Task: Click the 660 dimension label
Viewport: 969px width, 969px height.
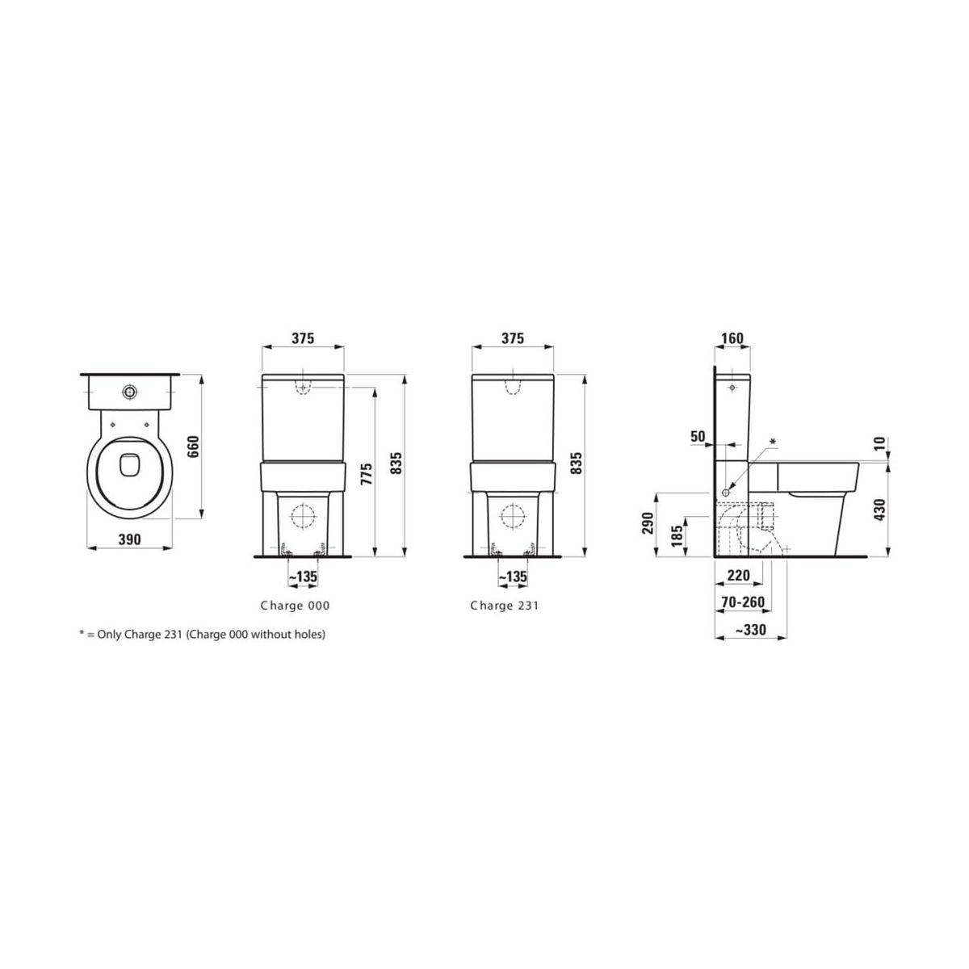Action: click(194, 447)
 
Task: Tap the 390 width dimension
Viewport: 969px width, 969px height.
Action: click(130, 539)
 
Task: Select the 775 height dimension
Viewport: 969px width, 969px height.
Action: click(367, 474)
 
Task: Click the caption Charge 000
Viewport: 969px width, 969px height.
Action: click(295, 606)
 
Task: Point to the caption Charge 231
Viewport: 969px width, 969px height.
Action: click(505, 606)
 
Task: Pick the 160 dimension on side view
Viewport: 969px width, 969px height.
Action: click(732, 338)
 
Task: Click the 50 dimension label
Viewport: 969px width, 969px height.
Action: click(698, 436)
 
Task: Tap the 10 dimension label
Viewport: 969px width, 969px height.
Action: click(879, 443)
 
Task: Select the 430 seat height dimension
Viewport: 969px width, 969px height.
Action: click(879, 510)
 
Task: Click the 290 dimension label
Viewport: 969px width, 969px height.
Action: click(648, 523)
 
